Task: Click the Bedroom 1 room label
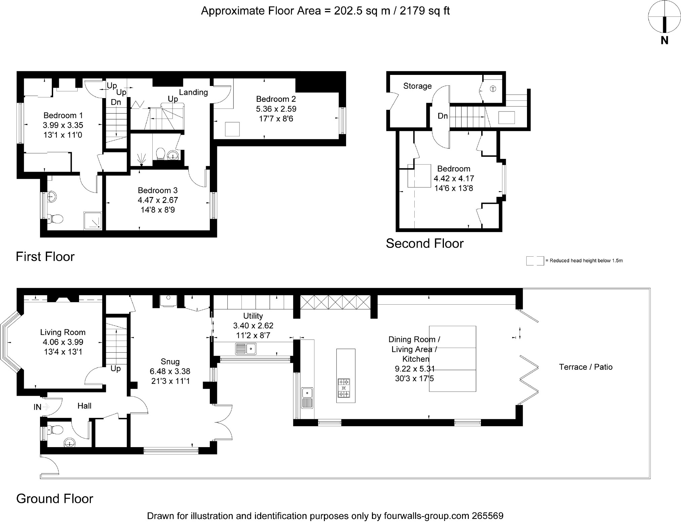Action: tap(63, 116)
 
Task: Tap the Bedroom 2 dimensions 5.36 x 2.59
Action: tap(276, 109)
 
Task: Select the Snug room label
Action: tap(170, 362)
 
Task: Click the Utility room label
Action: tap(253, 316)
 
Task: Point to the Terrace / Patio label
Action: tap(586, 367)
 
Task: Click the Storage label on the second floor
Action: tap(417, 86)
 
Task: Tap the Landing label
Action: tap(193, 92)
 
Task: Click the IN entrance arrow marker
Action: tap(46, 407)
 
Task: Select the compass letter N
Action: tap(664, 41)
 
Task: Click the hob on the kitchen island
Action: tap(344, 388)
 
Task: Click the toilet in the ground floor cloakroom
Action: tap(55, 430)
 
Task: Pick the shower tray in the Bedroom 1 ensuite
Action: tap(92, 221)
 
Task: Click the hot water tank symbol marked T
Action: tap(493, 89)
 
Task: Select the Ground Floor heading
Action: tap(54, 499)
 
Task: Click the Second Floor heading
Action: tap(425, 244)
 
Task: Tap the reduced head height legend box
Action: tap(535, 261)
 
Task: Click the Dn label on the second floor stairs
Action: tap(443, 116)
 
